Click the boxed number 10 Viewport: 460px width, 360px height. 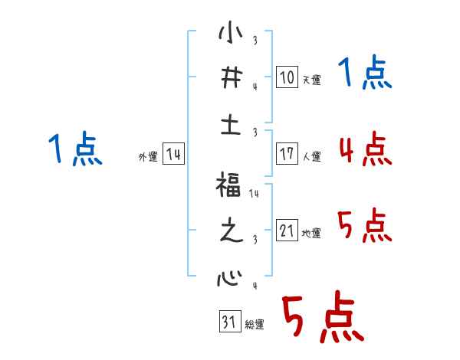click(285, 77)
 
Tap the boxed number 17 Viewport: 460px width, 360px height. click(285, 154)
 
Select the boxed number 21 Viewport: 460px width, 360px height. click(285, 231)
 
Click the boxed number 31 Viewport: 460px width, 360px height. click(228, 322)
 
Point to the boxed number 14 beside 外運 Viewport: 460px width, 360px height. click(173, 154)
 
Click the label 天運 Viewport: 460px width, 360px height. click(311, 80)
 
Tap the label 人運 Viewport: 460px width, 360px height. click(311, 156)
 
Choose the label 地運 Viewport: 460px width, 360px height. click(311, 233)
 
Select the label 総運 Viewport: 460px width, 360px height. click(255, 325)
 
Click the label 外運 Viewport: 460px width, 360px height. click(147, 156)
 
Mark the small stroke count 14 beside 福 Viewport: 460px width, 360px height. click(254, 194)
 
